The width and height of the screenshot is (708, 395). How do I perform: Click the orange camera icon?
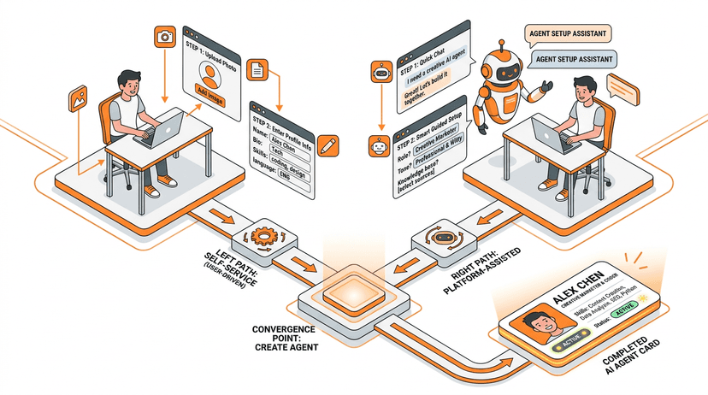[x=162, y=36]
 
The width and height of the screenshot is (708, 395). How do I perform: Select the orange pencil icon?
[x=326, y=145]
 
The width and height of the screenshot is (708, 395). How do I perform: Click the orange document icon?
[x=255, y=70]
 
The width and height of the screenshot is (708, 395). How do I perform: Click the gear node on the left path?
[x=257, y=232]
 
